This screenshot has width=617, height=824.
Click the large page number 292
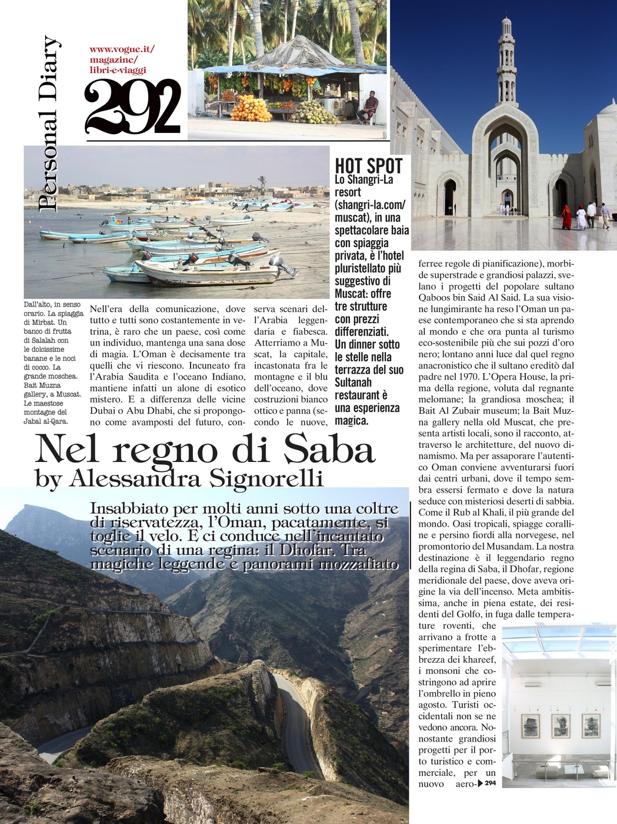[133, 107]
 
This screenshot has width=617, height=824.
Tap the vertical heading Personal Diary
[48, 124]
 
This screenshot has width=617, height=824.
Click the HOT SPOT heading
[369, 166]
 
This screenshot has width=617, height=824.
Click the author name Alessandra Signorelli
[196, 479]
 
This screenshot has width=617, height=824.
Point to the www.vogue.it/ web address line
[122, 50]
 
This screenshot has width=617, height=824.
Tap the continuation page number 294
[491, 783]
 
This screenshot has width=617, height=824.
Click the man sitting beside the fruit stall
[369, 106]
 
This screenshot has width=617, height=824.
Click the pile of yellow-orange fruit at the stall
[251, 109]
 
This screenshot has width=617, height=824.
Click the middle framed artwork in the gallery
[560, 726]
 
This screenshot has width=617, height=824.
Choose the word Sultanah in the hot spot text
[353, 383]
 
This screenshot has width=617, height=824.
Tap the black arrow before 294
[479, 783]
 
